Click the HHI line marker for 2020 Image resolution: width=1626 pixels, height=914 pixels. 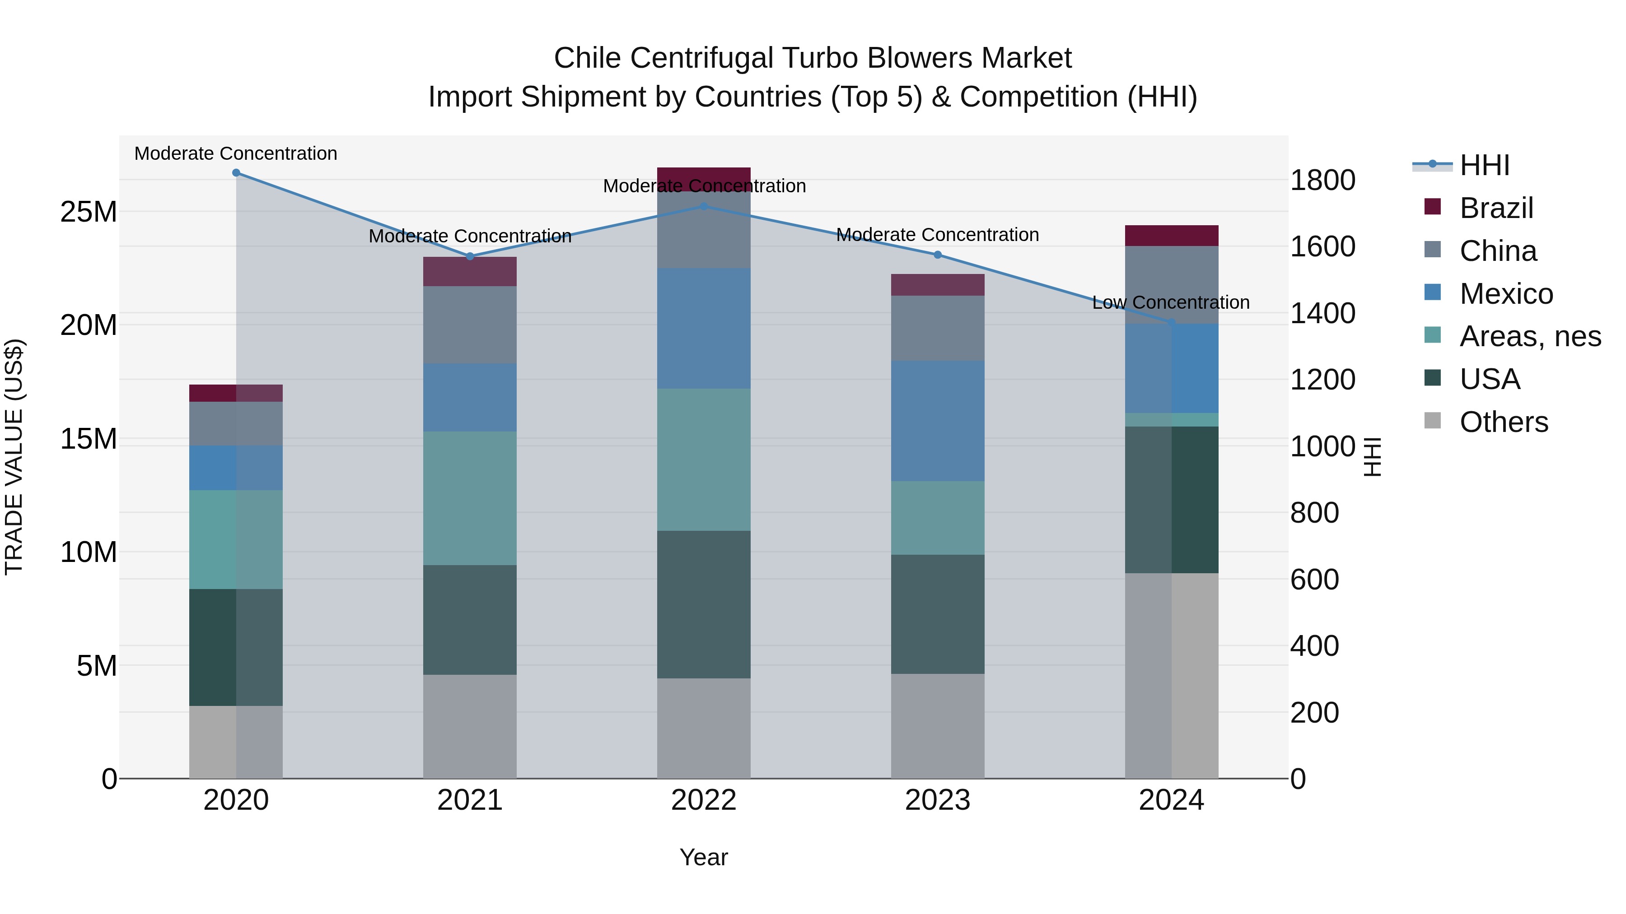click(236, 173)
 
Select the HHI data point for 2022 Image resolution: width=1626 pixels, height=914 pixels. click(704, 206)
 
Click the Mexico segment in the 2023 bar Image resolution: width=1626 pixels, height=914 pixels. click(937, 421)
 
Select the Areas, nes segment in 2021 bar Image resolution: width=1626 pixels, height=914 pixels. click(470, 498)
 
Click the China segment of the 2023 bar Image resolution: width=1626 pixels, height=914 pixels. click(937, 328)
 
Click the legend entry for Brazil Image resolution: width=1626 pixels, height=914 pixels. click(1496, 208)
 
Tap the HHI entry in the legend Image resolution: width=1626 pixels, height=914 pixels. click(1484, 165)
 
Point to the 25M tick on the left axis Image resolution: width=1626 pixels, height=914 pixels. click(89, 212)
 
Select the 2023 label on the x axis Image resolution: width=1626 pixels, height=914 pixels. click(937, 800)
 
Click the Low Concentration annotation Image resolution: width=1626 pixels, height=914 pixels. click(1171, 303)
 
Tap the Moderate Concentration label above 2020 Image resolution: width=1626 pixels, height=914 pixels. click(236, 154)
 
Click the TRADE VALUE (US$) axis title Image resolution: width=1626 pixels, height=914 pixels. click(14, 457)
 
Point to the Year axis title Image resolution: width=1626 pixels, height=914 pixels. click(704, 857)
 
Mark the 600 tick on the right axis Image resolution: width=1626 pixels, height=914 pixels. click(1314, 580)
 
